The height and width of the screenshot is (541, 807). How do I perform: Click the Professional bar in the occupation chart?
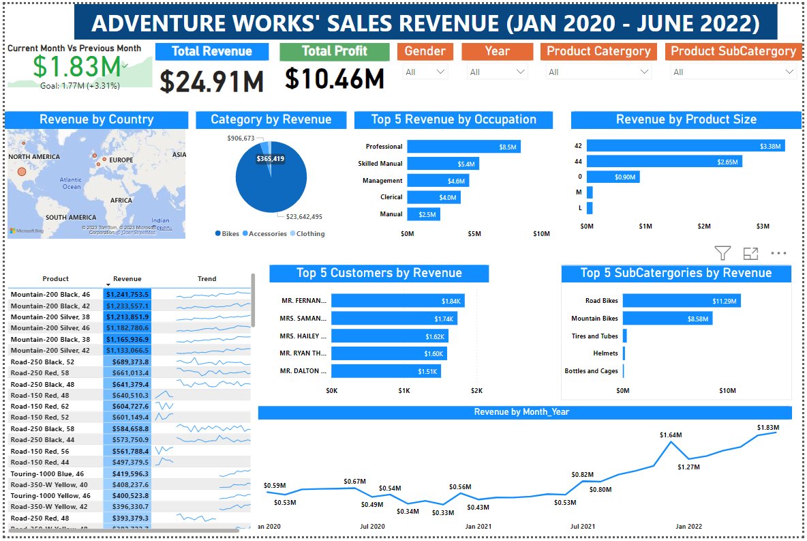[463, 147]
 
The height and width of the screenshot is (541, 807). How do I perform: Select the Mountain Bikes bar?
[667, 319]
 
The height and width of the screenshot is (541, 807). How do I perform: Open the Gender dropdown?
[425, 72]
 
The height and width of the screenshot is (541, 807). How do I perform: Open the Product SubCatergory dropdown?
[732, 72]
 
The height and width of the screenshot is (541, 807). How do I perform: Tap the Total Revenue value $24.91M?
[212, 81]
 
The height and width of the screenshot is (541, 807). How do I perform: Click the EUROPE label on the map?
[121, 160]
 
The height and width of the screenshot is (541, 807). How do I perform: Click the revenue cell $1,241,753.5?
[127, 294]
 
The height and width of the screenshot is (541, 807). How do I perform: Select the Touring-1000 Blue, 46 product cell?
[48, 473]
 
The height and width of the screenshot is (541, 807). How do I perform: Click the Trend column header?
[207, 279]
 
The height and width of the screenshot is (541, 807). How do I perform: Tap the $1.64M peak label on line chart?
[671, 435]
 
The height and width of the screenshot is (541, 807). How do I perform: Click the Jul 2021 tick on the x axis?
[583, 527]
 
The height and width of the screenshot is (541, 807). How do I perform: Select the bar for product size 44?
[664, 162]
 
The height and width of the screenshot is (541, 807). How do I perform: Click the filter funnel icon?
[722, 254]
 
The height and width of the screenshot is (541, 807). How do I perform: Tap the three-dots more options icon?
[778, 254]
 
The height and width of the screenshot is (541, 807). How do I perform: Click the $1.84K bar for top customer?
[397, 301]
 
